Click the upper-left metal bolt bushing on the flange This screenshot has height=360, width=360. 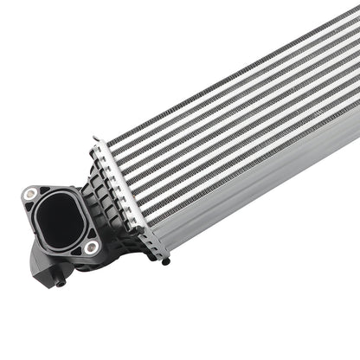point(30,194)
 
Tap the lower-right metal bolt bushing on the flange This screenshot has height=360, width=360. point(91,247)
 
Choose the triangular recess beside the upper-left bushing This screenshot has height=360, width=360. point(43,191)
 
